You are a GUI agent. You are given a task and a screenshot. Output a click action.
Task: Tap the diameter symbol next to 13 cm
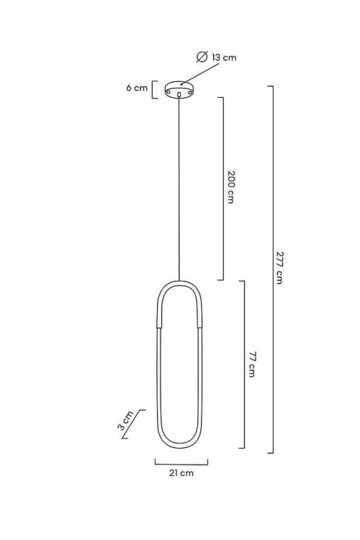pos(202,57)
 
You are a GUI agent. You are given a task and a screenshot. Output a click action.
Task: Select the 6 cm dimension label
pos(137,88)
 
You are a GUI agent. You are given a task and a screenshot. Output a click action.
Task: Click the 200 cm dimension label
pos(230,187)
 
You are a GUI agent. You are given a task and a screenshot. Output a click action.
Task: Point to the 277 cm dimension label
pos(279,268)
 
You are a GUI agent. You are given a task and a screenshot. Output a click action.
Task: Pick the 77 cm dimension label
pos(252,364)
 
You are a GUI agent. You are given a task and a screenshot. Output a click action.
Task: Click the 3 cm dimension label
pos(125,421)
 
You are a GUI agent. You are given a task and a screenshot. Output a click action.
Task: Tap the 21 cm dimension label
pos(181,473)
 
